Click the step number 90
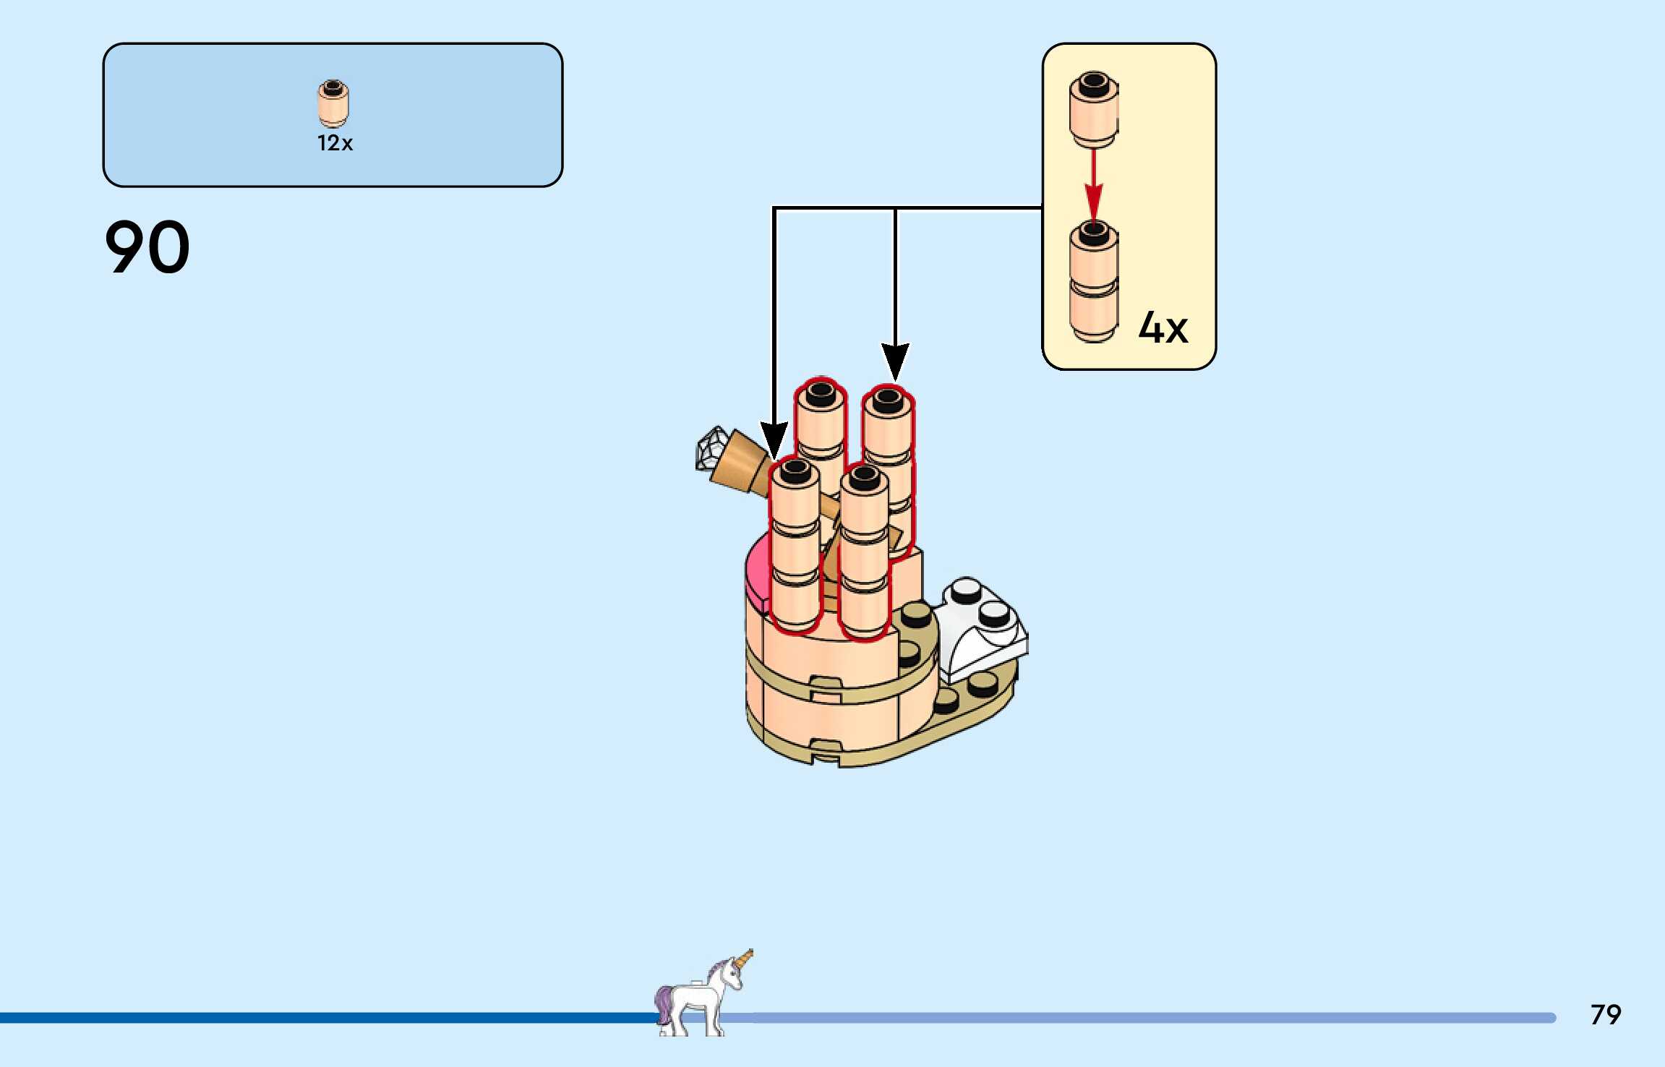[x=147, y=247]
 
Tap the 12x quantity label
[x=335, y=143]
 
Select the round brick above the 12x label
[x=333, y=103]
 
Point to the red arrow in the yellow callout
[x=1094, y=184]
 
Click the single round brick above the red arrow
[x=1094, y=108]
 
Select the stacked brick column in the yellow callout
[x=1094, y=282]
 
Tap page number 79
[x=1605, y=1015]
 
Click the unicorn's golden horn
[x=745, y=961]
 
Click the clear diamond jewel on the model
[x=711, y=448]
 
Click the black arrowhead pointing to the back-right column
[x=895, y=361]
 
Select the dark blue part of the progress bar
[x=325, y=1018]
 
